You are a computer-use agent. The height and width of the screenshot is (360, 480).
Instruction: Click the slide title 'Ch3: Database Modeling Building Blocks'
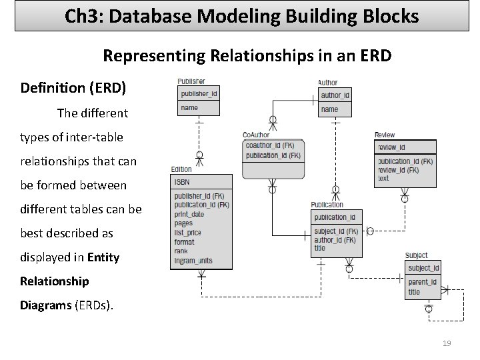(x=242, y=16)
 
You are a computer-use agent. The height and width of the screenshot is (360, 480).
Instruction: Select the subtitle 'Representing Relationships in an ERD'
(x=247, y=56)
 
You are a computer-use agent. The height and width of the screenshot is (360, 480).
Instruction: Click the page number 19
(x=447, y=343)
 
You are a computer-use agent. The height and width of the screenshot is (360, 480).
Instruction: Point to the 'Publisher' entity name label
(x=191, y=81)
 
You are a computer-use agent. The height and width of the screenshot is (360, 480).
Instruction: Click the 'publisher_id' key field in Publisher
(x=199, y=94)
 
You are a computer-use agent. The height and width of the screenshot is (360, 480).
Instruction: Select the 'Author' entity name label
(x=328, y=83)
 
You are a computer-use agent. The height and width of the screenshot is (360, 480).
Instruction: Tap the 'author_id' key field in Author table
(x=335, y=95)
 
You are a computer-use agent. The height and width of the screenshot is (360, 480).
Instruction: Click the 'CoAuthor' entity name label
(x=257, y=135)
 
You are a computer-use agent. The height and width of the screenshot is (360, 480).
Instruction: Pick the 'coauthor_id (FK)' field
(x=273, y=145)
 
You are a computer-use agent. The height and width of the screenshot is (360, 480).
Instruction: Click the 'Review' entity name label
(x=385, y=135)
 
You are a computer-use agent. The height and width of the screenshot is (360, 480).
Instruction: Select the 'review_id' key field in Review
(x=391, y=147)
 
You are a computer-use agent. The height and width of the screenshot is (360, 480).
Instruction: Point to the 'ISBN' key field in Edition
(x=183, y=182)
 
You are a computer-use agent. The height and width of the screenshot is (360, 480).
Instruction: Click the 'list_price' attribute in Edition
(x=187, y=233)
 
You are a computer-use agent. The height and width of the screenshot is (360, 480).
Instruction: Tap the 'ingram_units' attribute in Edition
(x=194, y=260)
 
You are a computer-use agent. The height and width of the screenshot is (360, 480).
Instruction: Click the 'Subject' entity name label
(x=416, y=256)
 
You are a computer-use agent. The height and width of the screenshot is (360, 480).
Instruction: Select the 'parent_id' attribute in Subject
(x=422, y=282)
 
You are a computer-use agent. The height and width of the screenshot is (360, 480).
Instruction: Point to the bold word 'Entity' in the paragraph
(x=103, y=257)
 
